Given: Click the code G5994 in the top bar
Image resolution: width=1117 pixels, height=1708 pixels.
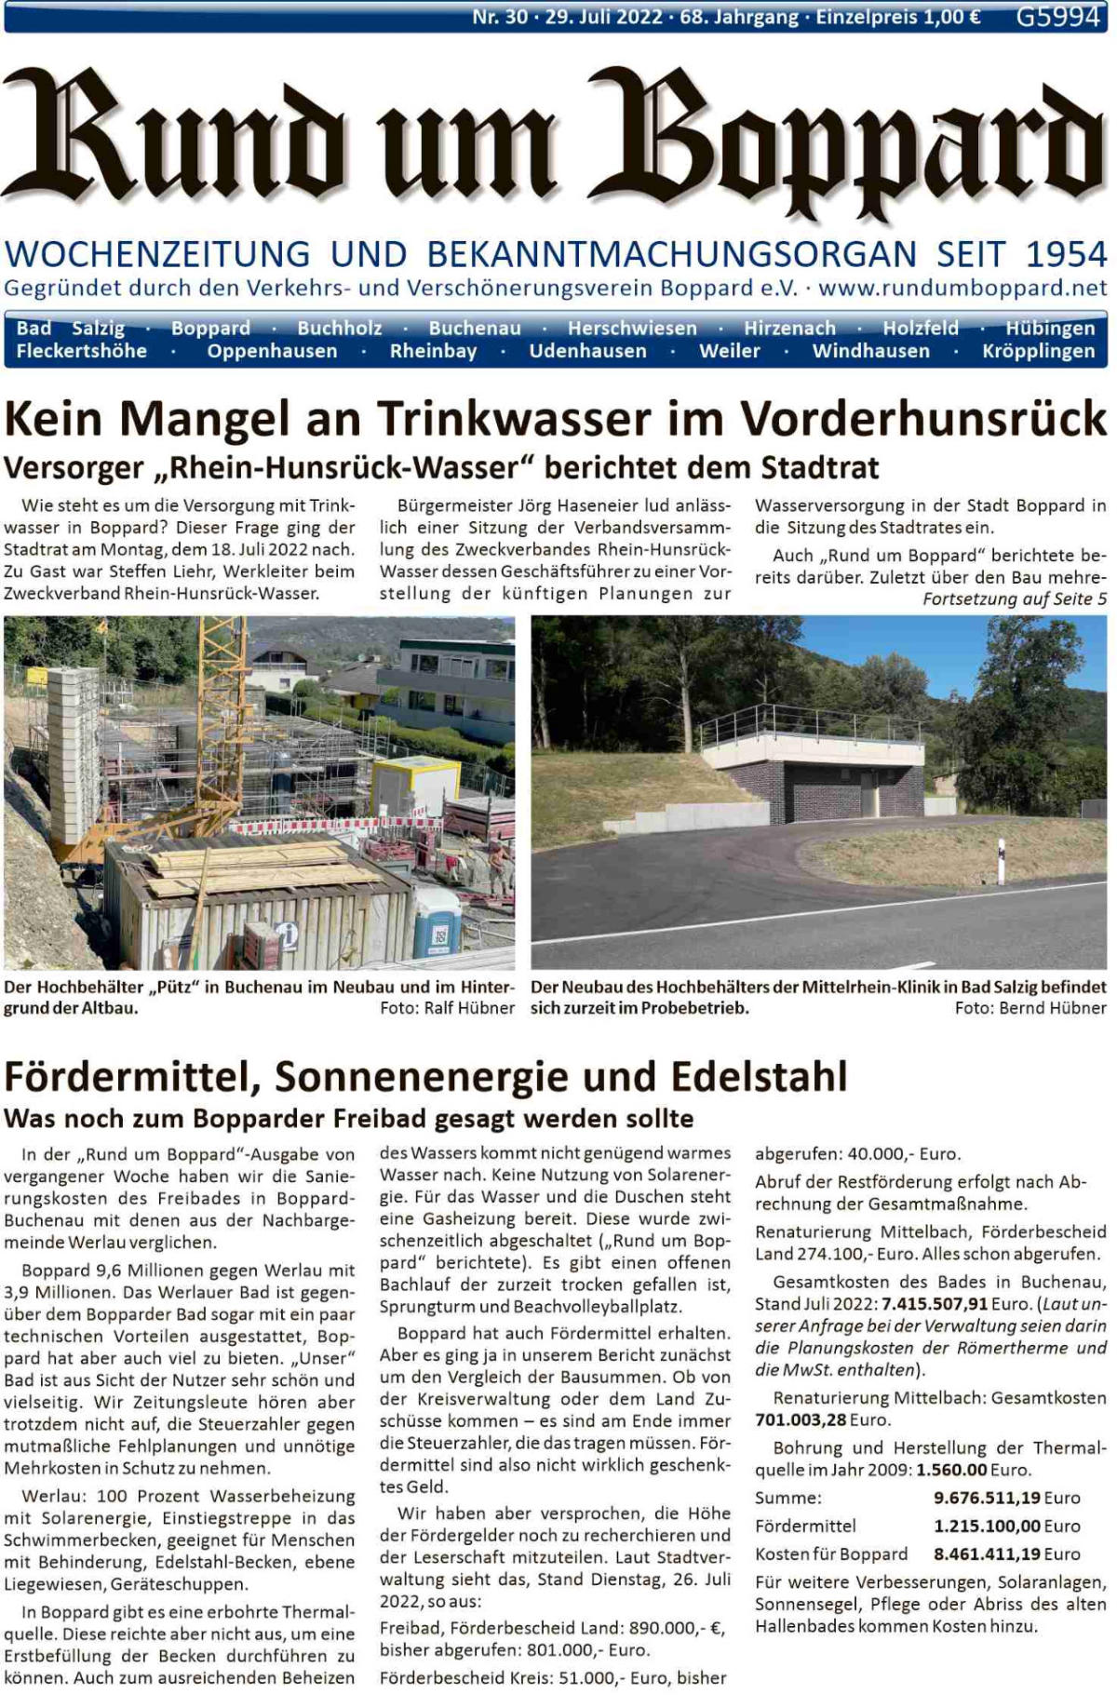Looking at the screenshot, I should (x=1058, y=17).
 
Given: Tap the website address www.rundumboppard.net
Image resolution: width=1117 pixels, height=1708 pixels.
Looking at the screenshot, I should (x=962, y=288).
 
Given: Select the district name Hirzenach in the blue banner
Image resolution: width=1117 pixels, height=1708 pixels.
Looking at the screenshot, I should (x=789, y=328).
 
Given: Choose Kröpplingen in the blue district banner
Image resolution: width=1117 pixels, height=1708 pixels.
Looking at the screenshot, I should (x=1038, y=351).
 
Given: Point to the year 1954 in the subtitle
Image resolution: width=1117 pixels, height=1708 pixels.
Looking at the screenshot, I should (x=1066, y=254).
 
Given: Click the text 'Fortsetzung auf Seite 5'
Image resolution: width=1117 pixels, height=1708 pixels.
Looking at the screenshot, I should (x=1015, y=598).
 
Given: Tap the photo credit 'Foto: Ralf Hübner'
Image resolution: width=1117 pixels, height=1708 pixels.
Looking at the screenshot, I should (x=447, y=1008).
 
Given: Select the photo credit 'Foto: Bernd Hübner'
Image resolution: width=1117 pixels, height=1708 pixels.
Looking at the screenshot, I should (x=1030, y=1008).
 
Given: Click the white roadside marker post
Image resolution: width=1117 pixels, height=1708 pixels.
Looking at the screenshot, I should (x=1001, y=862).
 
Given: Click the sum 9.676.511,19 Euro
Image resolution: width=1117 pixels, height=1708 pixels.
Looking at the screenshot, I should (x=1006, y=1498).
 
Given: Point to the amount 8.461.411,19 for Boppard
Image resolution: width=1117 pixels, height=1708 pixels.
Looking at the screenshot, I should (x=987, y=1553).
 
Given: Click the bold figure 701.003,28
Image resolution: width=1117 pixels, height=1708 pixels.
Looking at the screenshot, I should (x=801, y=1419).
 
